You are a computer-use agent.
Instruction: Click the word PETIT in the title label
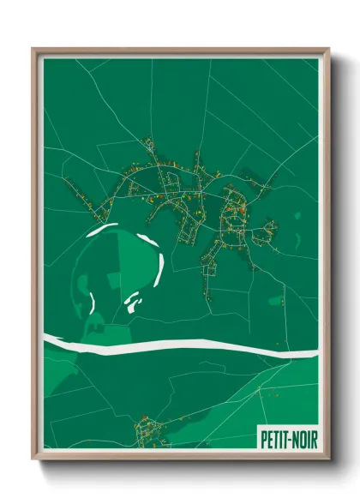click(273, 437)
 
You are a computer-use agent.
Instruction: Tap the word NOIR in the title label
click(301, 437)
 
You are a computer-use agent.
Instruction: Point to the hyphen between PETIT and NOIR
click(287, 438)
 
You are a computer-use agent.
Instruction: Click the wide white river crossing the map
click(171, 345)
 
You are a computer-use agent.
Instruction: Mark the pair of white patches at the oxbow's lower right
click(132, 301)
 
